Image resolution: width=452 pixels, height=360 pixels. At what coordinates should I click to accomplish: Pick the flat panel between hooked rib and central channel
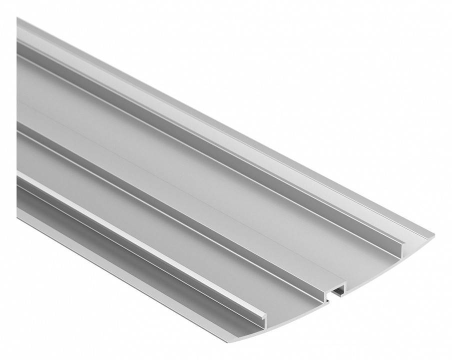click(150, 200)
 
